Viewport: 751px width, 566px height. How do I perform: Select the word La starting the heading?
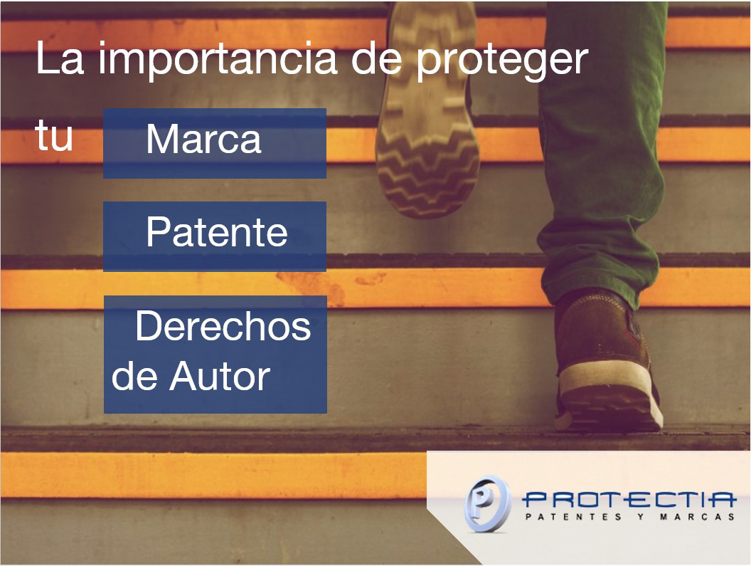pos(60,58)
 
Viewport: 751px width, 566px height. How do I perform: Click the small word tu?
pos(54,136)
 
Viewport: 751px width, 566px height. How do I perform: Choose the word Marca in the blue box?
pos(204,139)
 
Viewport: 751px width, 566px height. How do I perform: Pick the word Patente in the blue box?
pos(217,231)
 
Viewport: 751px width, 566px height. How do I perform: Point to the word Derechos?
pos(223,325)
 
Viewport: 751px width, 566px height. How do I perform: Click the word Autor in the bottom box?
pos(220,376)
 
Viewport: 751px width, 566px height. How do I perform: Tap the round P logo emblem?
pos(486,503)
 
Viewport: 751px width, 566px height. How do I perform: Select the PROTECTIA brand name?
pos(629,501)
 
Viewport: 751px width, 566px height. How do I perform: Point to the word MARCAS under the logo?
pos(698,517)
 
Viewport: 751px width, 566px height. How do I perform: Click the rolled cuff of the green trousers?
pos(599,268)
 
